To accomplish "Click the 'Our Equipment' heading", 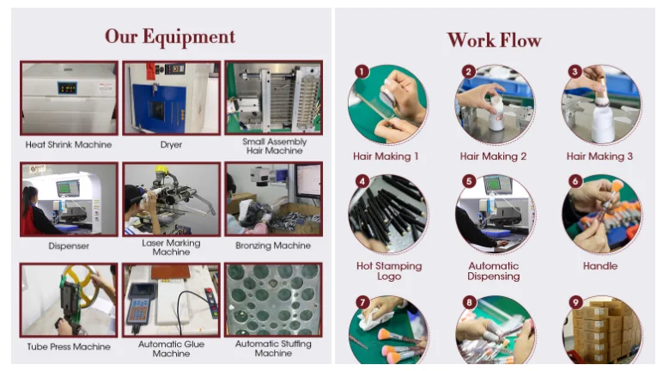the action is click(170, 37).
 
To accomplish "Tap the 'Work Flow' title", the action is click(494, 40).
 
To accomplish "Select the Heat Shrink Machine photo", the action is click(69, 98).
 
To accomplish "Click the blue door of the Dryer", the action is click(159, 108).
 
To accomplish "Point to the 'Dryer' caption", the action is click(171, 144).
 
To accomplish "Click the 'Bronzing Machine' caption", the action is click(273, 246).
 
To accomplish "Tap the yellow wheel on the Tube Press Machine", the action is click(82, 284).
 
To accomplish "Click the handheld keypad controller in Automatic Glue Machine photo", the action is click(140, 303).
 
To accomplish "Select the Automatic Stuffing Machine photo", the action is click(274, 300).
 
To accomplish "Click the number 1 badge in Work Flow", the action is click(362, 71).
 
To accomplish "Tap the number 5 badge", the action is click(469, 181).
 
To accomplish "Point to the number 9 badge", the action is click(575, 302).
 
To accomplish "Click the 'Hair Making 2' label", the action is click(493, 156).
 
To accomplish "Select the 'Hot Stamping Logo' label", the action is click(389, 271).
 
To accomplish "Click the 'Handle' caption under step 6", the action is click(600, 266).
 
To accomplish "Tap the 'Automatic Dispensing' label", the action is click(494, 271).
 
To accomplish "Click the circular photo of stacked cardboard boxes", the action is click(602, 330).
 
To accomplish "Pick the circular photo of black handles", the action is click(388, 214).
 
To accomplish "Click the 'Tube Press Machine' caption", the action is click(69, 347).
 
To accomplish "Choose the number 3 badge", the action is click(575, 71).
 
